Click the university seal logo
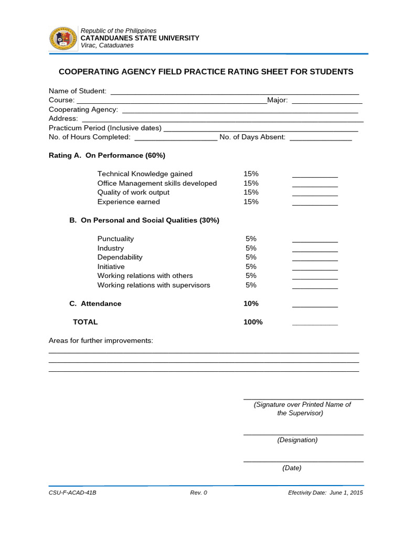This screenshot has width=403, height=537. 63,38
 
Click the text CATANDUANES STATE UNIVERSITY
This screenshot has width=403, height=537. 140,38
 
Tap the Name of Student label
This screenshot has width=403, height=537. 78,91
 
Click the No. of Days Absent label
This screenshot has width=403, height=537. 252,137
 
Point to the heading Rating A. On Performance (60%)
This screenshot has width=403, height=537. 107,156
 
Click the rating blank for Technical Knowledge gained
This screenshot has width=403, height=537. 315,176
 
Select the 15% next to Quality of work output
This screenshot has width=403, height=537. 251,192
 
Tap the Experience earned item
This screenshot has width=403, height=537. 129,202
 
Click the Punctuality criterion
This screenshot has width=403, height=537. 115,239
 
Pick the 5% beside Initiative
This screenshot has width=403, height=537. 251,266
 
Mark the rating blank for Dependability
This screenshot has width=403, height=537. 315,260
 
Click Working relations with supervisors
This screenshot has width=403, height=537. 154,285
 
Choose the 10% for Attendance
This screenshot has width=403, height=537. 251,304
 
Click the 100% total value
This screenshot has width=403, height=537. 253,322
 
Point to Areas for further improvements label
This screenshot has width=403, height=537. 101,341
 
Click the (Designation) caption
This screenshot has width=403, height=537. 298,440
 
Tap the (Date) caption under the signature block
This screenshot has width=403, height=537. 292,468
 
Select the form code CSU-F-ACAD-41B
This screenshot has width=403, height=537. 72,493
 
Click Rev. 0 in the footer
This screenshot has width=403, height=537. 198,493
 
